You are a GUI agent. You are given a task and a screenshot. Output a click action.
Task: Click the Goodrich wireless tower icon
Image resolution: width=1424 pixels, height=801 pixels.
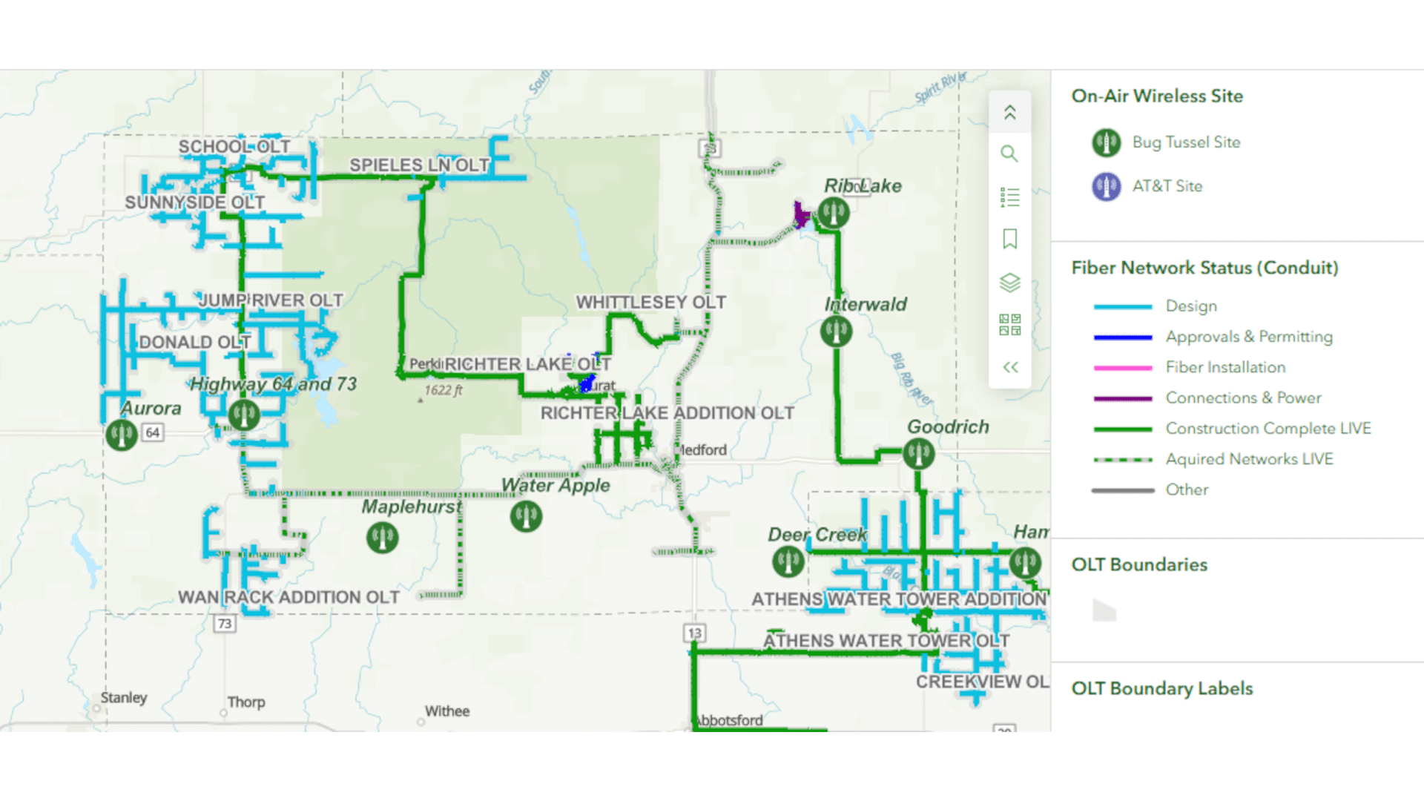tap(918, 453)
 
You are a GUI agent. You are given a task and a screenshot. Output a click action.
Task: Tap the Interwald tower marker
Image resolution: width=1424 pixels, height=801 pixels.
tap(836, 331)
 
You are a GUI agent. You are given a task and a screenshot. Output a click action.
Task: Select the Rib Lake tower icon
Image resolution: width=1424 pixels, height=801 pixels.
tap(834, 213)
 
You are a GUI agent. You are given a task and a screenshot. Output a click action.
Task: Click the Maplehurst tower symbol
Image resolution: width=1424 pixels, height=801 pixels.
tap(383, 537)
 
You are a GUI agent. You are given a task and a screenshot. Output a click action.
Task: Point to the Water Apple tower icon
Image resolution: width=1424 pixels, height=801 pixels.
tap(526, 515)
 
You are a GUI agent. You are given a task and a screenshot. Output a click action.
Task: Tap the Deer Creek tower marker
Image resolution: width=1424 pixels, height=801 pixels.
tap(788, 561)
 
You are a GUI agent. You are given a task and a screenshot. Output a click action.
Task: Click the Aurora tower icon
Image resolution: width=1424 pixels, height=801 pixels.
tap(122, 435)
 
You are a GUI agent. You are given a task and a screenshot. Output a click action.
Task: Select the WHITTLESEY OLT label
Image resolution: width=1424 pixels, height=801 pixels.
tap(650, 303)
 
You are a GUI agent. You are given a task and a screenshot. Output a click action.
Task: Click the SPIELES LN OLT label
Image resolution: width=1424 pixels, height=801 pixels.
tap(419, 165)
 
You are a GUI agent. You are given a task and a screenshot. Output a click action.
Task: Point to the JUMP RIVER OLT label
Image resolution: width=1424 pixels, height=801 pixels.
tap(271, 300)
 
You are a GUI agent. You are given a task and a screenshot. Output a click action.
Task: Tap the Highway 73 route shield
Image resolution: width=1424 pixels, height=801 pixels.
tap(224, 623)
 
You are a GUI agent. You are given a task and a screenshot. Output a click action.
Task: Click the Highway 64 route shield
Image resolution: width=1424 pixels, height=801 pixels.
tap(153, 432)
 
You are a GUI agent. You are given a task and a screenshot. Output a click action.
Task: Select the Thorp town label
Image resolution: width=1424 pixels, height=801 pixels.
tap(245, 702)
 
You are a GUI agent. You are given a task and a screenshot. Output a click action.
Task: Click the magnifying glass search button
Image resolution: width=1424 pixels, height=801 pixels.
tap(1009, 154)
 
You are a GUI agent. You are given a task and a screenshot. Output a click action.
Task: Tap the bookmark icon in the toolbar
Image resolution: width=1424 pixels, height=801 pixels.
tap(1009, 239)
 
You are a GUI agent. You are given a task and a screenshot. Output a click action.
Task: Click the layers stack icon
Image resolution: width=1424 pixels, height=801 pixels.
tap(1009, 282)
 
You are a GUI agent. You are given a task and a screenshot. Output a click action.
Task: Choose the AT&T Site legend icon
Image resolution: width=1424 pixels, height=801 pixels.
tap(1106, 186)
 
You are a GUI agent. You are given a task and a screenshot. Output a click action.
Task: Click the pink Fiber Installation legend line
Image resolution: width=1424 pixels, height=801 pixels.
tap(1122, 368)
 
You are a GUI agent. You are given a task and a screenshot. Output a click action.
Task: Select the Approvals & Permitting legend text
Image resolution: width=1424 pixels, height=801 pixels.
tap(1248, 337)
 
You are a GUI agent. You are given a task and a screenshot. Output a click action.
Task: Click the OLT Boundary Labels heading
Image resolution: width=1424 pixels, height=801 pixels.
tap(1161, 688)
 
